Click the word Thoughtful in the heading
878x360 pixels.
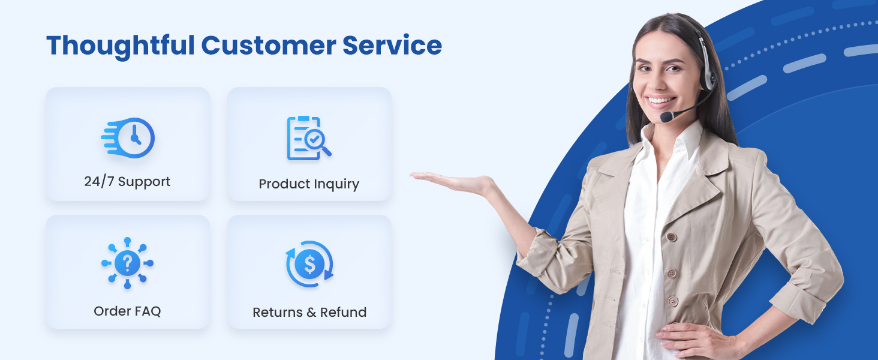click(121, 46)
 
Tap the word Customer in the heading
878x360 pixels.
click(269, 46)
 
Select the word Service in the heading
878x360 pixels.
click(392, 46)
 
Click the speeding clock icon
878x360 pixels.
click(128, 137)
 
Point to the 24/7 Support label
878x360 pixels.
click(127, 182)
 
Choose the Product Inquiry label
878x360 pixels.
click(309, 184)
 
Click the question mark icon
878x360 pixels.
click(127, 263)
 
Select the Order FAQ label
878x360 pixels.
click(127, 311)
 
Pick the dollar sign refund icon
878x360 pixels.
click(309, 264)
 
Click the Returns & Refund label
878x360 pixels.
click(309, 312)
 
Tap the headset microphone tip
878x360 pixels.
click(667, 116)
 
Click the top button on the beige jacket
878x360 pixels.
click(672, 237)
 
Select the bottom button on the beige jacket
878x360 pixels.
click(673, 301)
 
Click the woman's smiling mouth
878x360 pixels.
click(660, 101)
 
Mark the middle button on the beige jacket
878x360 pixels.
click(672, 273)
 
